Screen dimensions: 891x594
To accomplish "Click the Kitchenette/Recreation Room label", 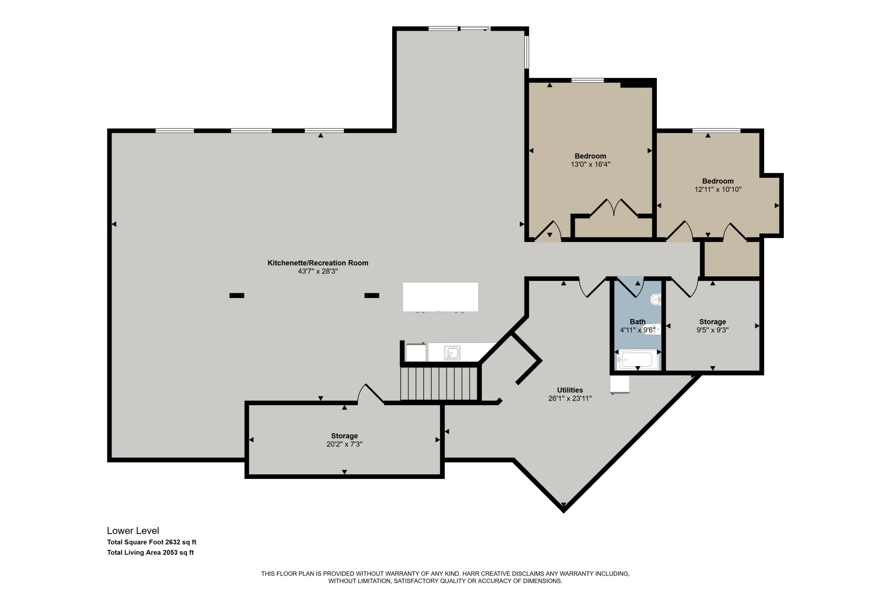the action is coord(318,263).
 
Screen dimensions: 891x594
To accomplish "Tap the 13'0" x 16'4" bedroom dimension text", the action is coord(591,165).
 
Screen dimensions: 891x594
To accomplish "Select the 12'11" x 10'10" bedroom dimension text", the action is coord(718,189).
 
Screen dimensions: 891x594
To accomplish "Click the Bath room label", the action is coord(638,322).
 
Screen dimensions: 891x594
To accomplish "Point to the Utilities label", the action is coord(570,390).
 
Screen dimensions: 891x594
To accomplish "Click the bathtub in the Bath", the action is coord(637,359).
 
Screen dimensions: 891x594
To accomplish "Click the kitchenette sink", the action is coord(452,353).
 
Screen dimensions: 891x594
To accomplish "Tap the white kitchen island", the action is coord(440,297).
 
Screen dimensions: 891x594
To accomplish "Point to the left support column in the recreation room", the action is coord(237,296).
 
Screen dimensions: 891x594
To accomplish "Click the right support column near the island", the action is coord(372,296).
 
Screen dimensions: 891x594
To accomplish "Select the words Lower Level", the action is coord(133,531).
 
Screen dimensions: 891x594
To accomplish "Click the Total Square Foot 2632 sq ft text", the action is coord(151,542).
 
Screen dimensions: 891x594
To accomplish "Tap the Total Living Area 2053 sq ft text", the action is coord(150,552).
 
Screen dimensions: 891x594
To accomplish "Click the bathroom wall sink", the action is coord(656,300).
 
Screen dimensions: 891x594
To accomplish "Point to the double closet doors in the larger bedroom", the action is coord(614,208).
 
